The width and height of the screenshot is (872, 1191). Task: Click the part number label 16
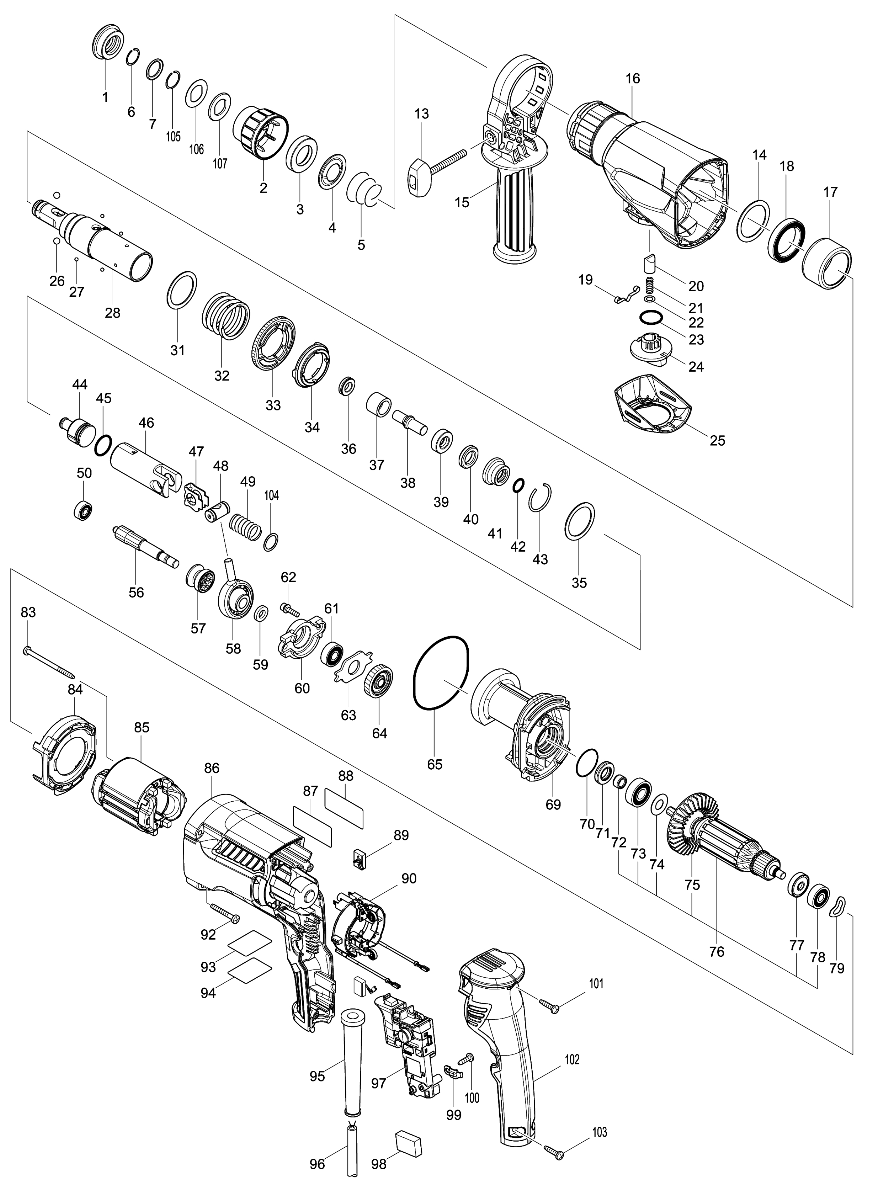pos(632,79)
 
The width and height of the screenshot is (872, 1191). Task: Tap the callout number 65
pos(435,764)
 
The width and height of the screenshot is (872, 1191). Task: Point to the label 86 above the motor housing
pos(212,768)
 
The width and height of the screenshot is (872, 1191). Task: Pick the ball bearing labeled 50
pos(84,509)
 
